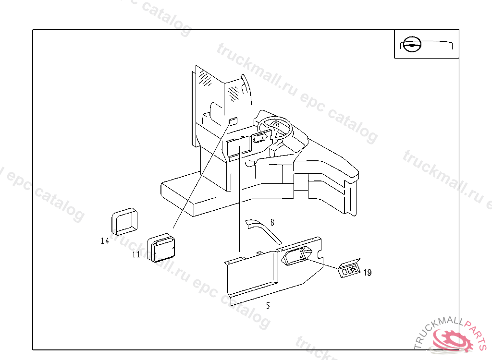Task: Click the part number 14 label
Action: (105, 241)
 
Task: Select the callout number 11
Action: (136, 255)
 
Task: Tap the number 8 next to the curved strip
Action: (272, 222)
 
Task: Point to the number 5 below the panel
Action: (268, 306)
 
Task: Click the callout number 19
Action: (368, 273)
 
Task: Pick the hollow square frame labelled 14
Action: (124, 219)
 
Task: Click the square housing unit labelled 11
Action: (161, 248)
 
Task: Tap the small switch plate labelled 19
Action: (350, 270)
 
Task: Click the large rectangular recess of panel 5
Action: (251, 274)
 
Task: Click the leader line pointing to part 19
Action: (323, 264)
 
